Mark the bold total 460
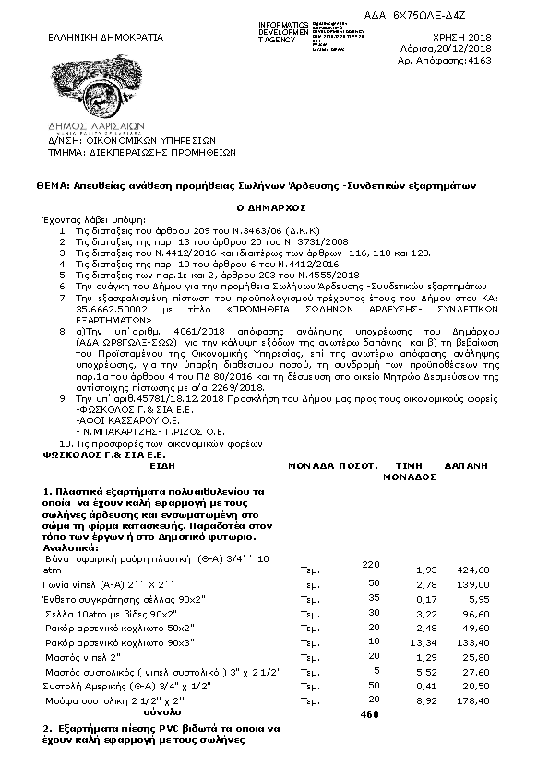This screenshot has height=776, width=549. pyautogui.click(x=369, y=714)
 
